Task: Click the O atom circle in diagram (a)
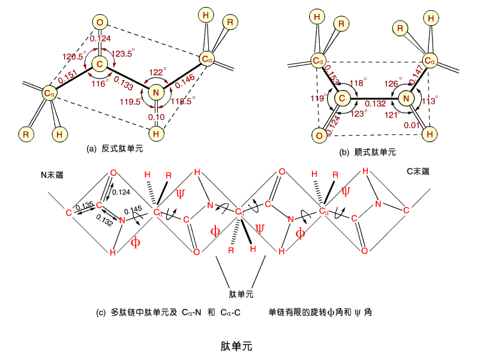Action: click(x=101, y=23)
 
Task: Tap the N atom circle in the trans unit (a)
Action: click(x=155, y=92)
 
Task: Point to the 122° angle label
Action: click(x=157, y=71)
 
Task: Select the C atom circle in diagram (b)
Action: click(x=342, y=98)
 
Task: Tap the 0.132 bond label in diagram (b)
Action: click(x=376, y=104)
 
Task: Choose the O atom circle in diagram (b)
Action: click(x=319, y=136)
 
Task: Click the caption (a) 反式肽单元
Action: click(x=115, y=148)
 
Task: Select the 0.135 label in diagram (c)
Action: click(x=85, y=205)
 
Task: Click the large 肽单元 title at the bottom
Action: click(x=236, y=346)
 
